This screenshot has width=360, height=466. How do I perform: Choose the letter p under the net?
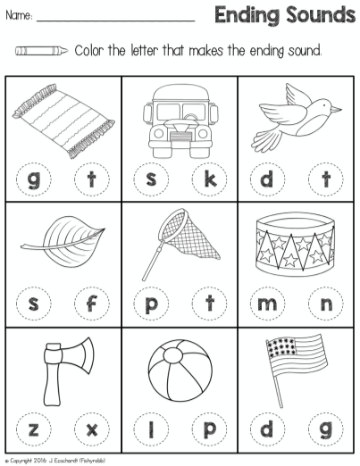(x=152, y=304)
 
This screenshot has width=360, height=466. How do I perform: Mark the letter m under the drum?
(x=270, y=304)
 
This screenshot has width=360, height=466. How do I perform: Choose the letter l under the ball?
(x=152, y=429)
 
